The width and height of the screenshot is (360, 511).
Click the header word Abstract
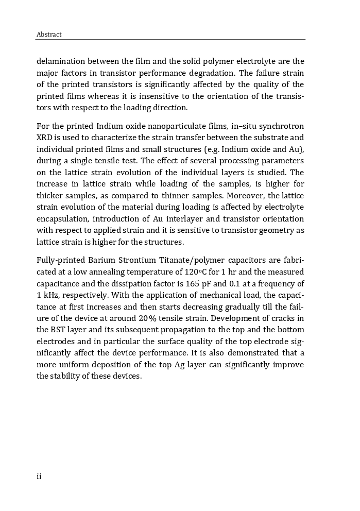coord(49,35)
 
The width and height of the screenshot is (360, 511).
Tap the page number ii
coord(39,476)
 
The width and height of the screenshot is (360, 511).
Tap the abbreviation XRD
coord(45,138)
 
